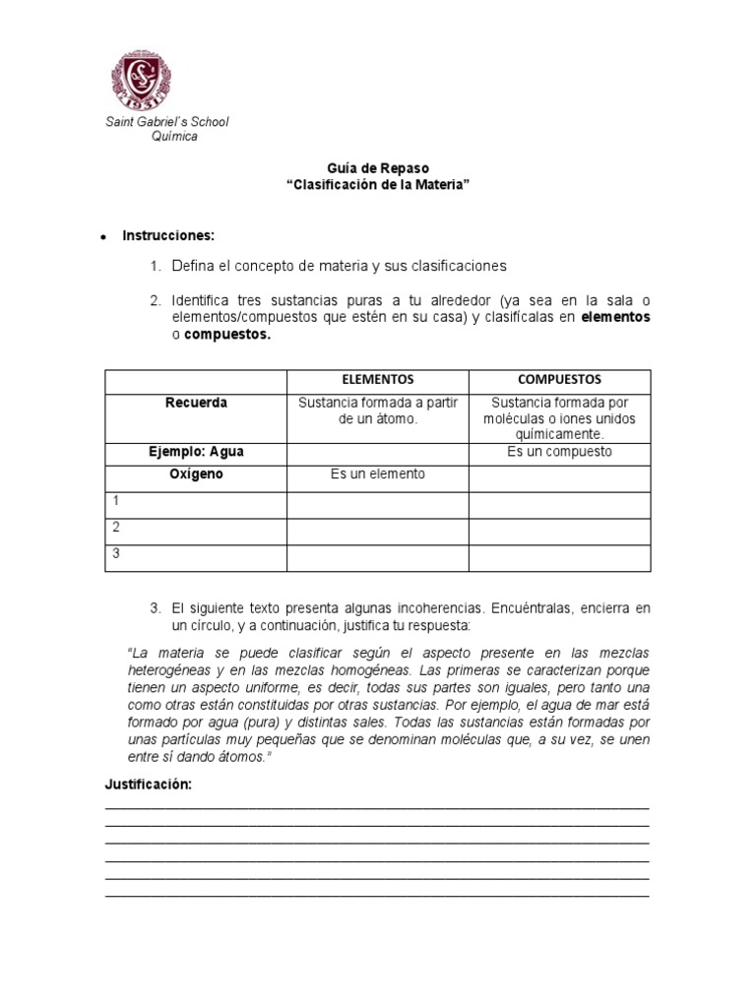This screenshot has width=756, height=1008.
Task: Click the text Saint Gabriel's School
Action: click(167, 122)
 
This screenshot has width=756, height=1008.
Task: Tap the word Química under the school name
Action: click(174, 137)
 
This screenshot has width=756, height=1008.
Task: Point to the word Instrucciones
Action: click(167, 236)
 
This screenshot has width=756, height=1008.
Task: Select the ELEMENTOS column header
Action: click(377, 379)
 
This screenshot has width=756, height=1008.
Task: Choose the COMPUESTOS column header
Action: click(559, 379)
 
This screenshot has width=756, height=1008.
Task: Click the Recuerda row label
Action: click(196, 403)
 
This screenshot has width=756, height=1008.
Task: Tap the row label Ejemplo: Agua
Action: click(196, 452)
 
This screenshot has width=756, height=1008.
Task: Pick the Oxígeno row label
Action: click(196, 474)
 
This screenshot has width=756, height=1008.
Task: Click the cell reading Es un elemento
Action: click(377, 474)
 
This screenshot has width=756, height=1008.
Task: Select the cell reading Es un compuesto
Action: click(559, 452)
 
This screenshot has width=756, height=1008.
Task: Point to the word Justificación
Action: click(148, 785)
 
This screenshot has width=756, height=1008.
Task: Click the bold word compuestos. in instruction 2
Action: click(227, 336)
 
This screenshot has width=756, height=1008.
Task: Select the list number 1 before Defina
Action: click(155, 267)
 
